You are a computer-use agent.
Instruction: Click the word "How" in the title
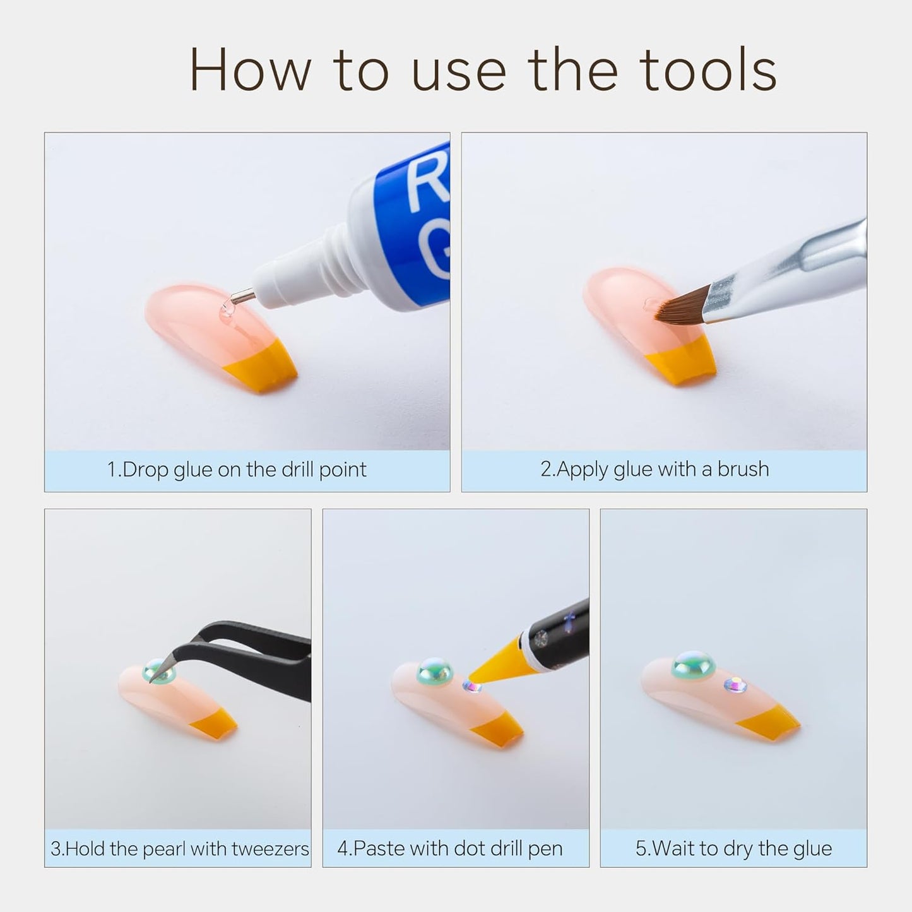(x=251, y=70)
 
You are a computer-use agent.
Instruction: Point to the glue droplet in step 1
(x=227, y=311)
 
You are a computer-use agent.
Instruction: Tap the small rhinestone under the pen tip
(x=471, y=686)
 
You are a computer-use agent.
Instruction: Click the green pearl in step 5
(x=693, y=665)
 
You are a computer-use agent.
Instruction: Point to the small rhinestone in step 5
(x=735, y=685)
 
